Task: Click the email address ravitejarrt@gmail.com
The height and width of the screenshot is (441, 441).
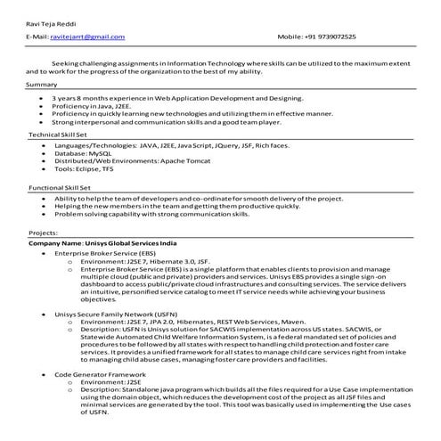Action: coord(87,37)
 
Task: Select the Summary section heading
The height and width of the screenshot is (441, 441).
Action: coord(42,84)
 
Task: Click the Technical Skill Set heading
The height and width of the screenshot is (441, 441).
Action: coord(58,134)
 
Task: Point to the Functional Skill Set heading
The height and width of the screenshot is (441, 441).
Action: coord(60,188)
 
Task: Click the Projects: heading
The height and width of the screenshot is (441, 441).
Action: coord(44,232)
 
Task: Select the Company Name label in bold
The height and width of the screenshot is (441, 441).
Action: coord(55,242)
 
